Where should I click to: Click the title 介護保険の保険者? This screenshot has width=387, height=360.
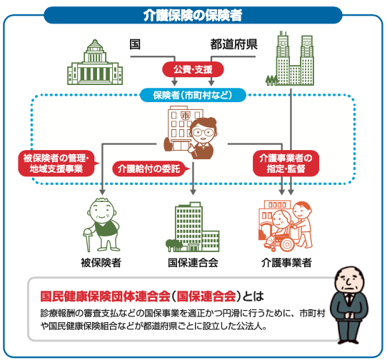pos(193,15)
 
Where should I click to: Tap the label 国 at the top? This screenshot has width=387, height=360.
pos(135,44)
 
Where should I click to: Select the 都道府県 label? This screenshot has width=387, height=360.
pos(233,44)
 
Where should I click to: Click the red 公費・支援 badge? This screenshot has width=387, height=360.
pos(193,69)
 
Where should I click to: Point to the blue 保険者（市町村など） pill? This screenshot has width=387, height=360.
pos(193,95)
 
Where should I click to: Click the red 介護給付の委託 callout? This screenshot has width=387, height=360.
pos(150,169)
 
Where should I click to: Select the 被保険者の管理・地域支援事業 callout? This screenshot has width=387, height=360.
pos(56,163)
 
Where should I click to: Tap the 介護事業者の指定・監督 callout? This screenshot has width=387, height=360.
pos(286,163)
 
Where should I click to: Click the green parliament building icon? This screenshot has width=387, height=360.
pos(95,62)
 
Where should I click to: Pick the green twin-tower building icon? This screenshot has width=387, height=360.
pos(290,59)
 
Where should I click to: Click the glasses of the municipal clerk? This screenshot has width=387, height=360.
pos(203,132)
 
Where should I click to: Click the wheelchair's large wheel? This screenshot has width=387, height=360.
pos(286,244)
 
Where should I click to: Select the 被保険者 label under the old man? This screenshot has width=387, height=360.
pos(101,263)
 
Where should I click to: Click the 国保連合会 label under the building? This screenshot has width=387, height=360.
pos(193,263)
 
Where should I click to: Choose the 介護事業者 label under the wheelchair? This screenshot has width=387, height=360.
pos(286,263)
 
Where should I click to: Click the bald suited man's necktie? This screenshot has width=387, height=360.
pos(349,298)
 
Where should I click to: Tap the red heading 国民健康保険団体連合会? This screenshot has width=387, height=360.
pos(106,296)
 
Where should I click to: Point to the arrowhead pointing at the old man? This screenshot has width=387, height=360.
pos(102,192)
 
